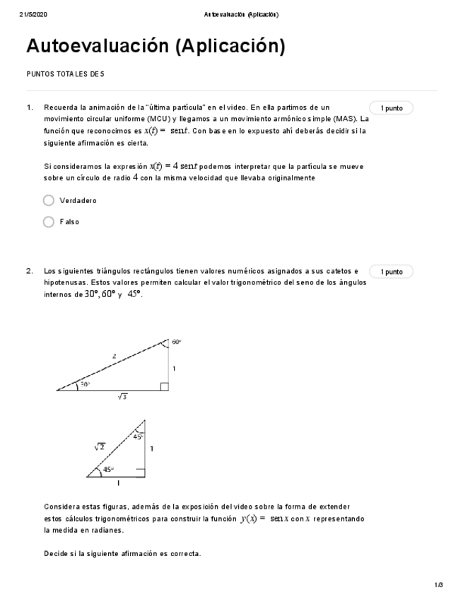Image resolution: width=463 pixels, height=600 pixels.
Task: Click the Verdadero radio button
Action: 49,200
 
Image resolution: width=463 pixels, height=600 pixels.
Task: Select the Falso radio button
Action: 49,221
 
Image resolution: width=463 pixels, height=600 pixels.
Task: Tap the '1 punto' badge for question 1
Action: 391,108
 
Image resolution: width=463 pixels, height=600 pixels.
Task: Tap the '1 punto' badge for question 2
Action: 391,272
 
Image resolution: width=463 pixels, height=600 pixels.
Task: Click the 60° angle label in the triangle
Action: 176,342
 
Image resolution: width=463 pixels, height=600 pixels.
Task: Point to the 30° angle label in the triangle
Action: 84,384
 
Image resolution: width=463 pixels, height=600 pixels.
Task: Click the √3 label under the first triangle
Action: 122,397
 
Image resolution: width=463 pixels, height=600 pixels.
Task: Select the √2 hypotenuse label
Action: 100,446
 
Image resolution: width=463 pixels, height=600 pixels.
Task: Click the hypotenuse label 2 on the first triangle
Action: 115,356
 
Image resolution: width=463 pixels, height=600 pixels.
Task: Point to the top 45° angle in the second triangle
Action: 138,437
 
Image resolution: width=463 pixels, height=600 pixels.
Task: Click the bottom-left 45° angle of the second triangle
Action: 107,469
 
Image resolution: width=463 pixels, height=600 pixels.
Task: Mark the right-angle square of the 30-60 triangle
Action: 164,386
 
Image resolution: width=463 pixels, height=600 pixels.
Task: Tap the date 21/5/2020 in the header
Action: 33,14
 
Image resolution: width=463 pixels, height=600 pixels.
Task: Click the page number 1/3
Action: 438,584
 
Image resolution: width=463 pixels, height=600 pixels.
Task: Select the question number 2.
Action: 30,271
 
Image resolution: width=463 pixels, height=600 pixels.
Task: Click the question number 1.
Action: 30,108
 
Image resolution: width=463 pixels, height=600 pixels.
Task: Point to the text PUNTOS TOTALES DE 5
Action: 65,74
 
